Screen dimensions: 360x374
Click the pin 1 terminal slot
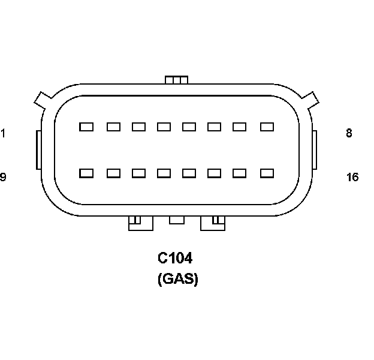point(86,127)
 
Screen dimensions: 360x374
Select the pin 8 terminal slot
point(267,127)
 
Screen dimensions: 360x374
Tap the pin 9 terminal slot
point(86,173)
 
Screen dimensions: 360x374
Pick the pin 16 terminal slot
point(267,173)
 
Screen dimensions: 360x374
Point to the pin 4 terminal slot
point(164,127)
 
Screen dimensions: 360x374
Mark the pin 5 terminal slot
point(189,127)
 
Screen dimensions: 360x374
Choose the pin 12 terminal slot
point(164,173)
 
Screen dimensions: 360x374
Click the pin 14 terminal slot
point(215,173)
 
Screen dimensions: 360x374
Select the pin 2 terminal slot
point(113,127)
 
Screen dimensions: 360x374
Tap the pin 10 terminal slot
point(113,173)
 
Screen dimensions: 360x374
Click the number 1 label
point(3,133)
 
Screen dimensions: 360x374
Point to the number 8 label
point(349,133)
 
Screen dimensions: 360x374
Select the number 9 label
point(3,177)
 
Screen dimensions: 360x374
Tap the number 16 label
point(352,177)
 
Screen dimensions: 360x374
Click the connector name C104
point(175,259)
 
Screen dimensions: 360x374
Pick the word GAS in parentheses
point(177,279)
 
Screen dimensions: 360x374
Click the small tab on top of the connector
point(176,80)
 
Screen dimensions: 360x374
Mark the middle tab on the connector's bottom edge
point(176,220)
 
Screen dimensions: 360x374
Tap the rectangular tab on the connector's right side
point(314,150)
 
